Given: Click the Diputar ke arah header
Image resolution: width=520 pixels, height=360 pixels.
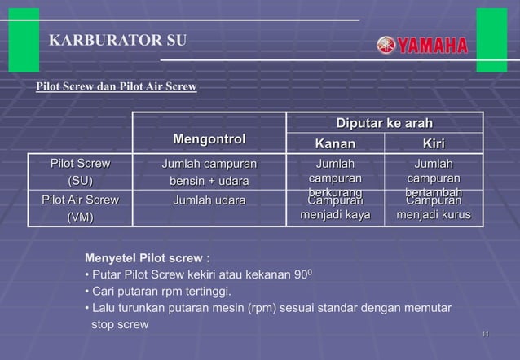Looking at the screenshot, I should [x=385, y=123].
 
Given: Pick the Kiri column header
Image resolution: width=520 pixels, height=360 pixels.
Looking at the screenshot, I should [x=433, y=143].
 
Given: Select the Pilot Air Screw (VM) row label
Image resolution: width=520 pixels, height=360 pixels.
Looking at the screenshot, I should [x=80, y=208].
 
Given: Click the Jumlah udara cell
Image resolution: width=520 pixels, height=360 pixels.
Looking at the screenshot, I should [x=209, y=200].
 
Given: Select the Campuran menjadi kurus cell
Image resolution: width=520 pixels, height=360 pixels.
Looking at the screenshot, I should [x=433, y=209].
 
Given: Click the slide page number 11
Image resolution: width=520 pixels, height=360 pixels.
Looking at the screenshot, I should [x=485, y=335].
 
